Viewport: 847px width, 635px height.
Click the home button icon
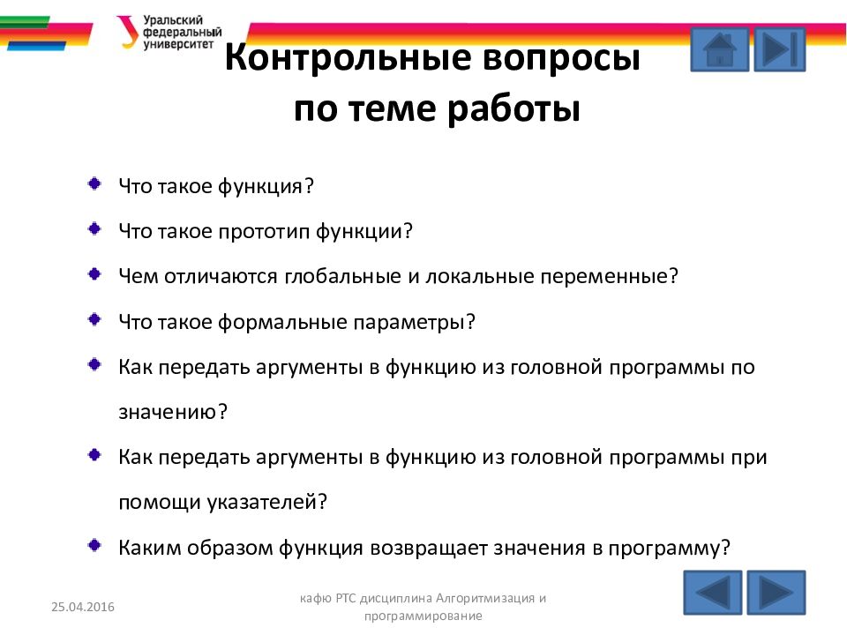point(720,49)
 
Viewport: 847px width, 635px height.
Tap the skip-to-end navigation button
point(779,49)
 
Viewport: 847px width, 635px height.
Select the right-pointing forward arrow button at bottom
point(776,593)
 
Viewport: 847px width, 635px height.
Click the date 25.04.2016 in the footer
point(83,607)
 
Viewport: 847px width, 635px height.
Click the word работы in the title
point(513,108)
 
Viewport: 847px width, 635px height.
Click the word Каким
point(148,548)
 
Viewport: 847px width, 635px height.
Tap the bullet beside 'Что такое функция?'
point(94,183)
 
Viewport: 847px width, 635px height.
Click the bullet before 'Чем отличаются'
point(94,273)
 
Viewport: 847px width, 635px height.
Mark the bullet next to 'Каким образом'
point(94,545)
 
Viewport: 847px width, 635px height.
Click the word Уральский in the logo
point(173,20)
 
